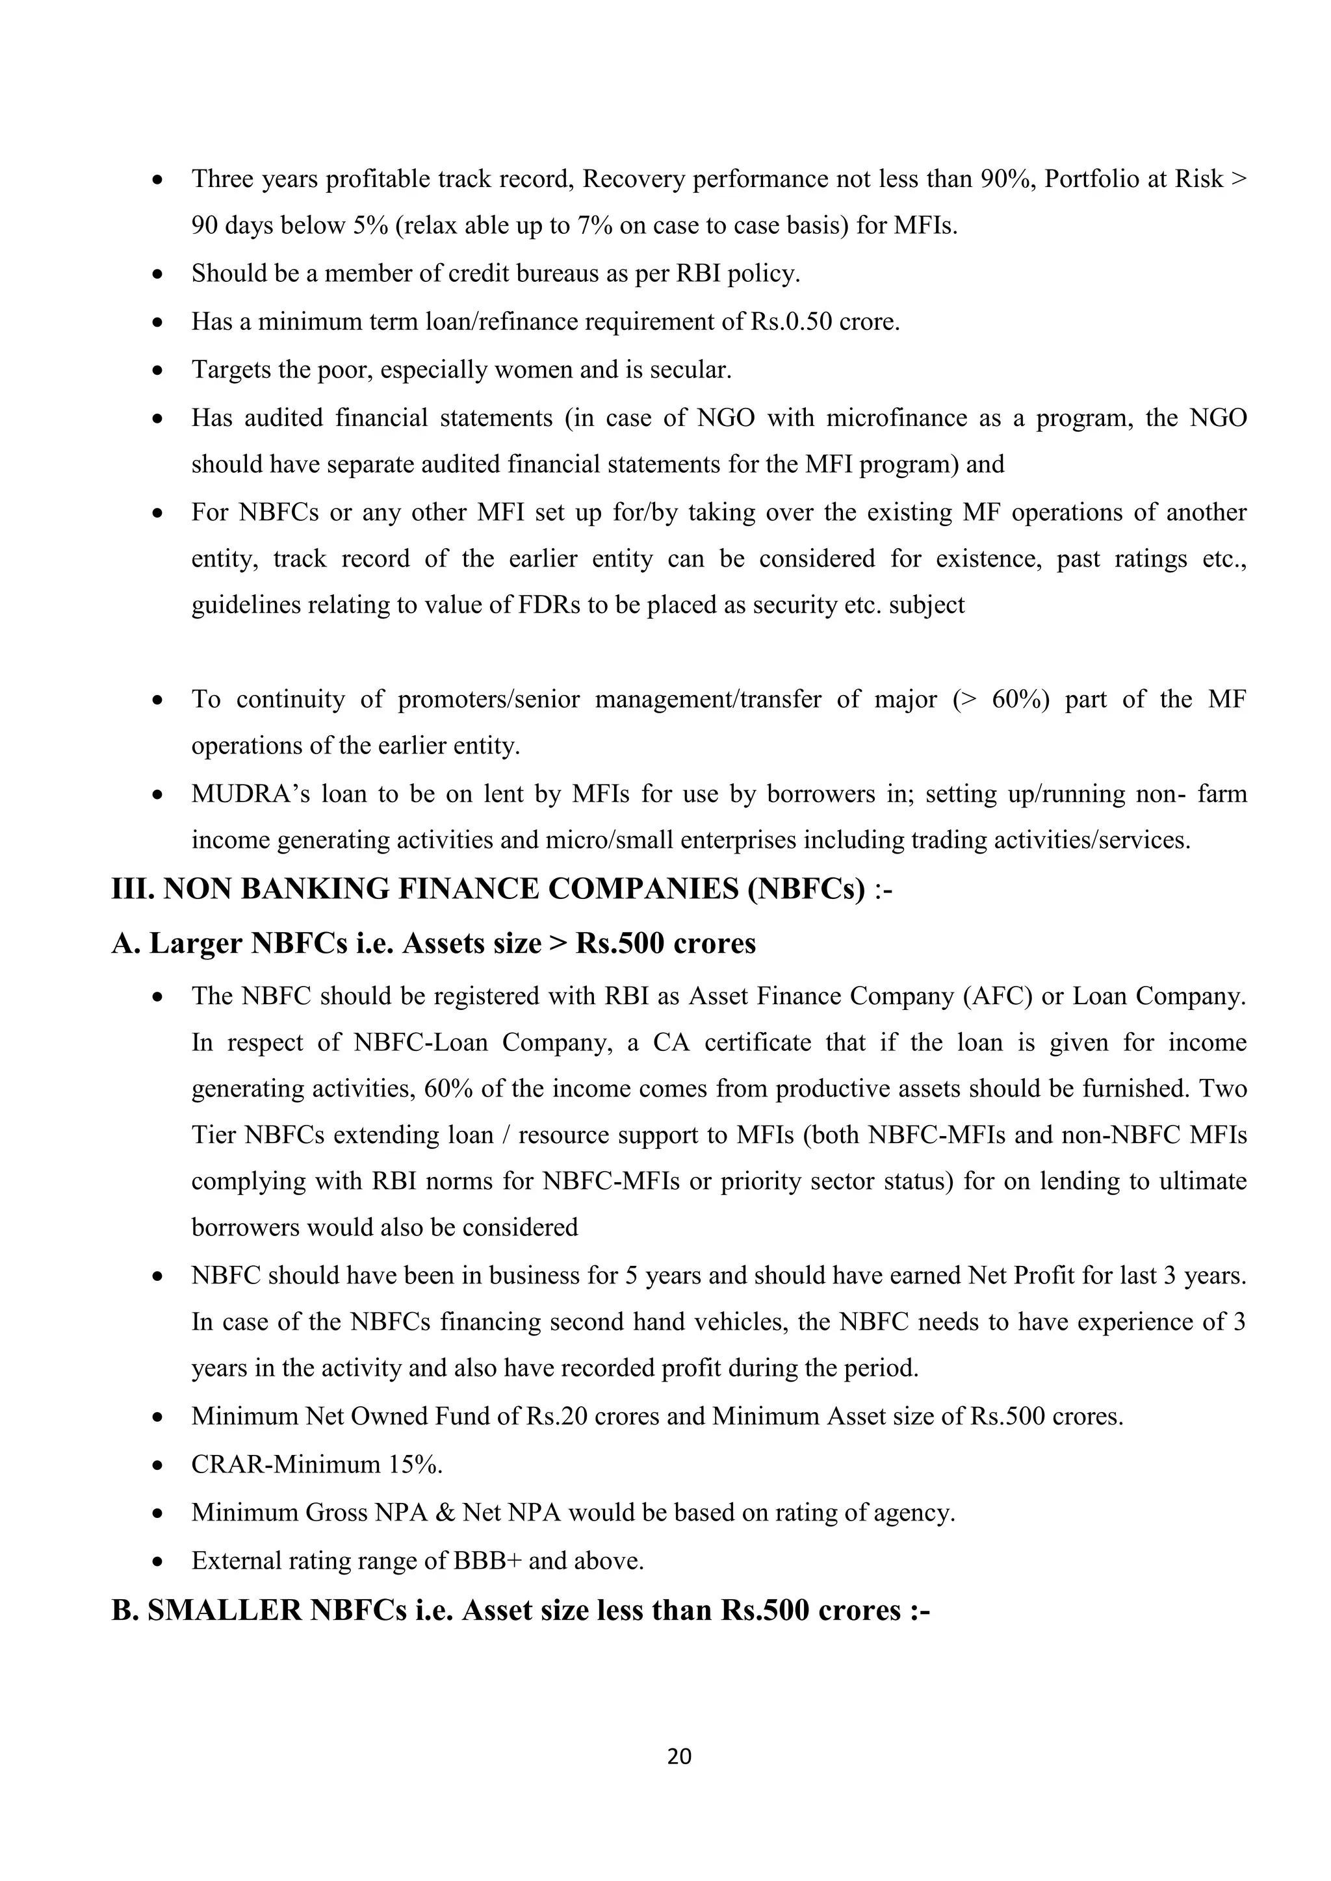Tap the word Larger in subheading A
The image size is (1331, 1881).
pos(195,943)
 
